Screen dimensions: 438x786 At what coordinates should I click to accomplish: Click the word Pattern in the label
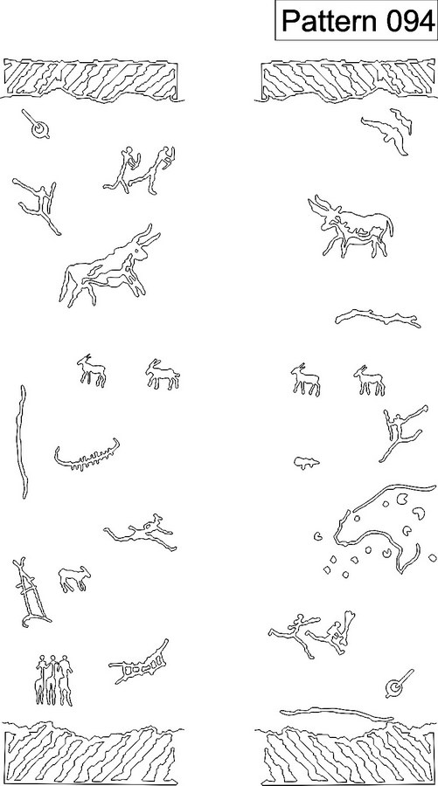coord(328,21)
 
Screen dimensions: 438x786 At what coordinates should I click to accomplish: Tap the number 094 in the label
coord(409,21)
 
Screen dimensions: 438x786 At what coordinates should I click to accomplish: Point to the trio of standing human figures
coord(53,679)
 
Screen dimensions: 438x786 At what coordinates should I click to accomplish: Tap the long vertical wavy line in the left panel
coord(22,441)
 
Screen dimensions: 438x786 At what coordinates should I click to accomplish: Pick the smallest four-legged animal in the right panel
coord(306,463)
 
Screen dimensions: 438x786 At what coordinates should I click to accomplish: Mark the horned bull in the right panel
coord(351,226)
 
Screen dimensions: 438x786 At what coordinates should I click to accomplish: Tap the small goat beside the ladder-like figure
coord(74,579)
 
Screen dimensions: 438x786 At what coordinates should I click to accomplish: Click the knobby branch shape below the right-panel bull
coord(378,317)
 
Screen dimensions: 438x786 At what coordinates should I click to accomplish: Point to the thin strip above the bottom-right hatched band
coord(337,714)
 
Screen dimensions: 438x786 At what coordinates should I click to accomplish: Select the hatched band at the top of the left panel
coord(91,79)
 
